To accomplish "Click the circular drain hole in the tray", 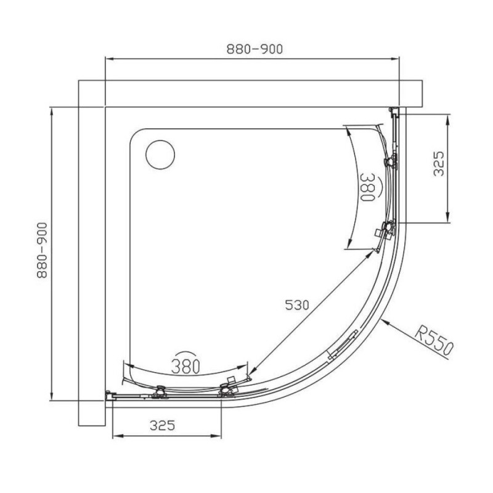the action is tap(160, 155).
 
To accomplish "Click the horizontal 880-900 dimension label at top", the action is tap(255, 49).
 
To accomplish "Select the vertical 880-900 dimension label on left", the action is tap(42, 250).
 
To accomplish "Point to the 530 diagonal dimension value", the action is tap(297, 304).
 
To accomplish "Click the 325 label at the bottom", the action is tap(162, 425).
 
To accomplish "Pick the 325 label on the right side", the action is tap(439, 163).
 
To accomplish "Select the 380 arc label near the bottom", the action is tap(185, 365).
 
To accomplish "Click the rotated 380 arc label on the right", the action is tap(367, 187).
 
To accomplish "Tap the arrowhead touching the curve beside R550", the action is tap(385, 322).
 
